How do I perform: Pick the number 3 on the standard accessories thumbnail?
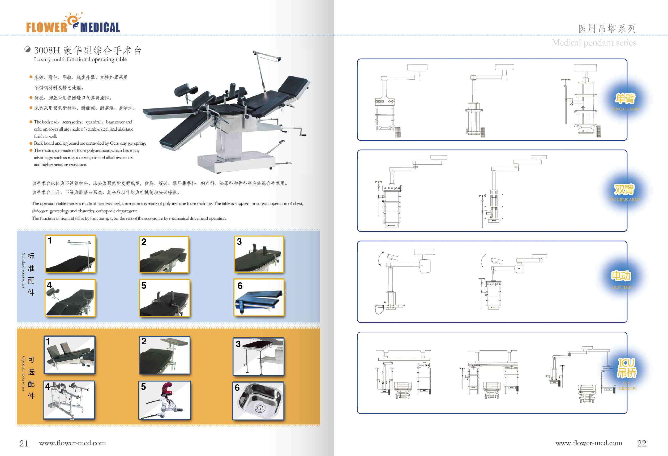click(x=239, y=242)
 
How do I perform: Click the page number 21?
click(x=24, y=443)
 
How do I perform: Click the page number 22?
click(x=641, y=443)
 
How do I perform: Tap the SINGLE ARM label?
click(x=625, y=109)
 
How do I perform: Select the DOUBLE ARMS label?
click(x=625, y=200)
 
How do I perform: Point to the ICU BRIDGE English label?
click(x=627, y=386)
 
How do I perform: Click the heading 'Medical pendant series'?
click(x=594, y=43)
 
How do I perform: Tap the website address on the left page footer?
click(x=72, y=443)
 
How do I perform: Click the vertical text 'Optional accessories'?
click(x=24, y=373)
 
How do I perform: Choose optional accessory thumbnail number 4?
click(x=69, y=400)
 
